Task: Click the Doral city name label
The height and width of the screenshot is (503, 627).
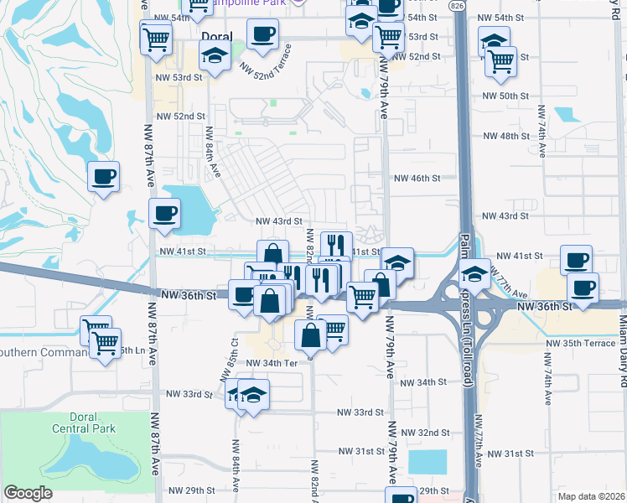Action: [218, 36]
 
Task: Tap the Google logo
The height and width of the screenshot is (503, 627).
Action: [28, 493]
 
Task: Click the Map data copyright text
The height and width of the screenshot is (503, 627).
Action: [591, 495]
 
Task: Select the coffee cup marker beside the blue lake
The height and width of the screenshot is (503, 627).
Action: [164, 212]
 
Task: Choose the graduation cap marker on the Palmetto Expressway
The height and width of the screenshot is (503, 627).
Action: [474, 273]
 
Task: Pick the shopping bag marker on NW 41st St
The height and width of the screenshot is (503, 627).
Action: [272, 253]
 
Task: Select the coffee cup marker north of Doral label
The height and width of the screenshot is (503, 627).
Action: [263, 34]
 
